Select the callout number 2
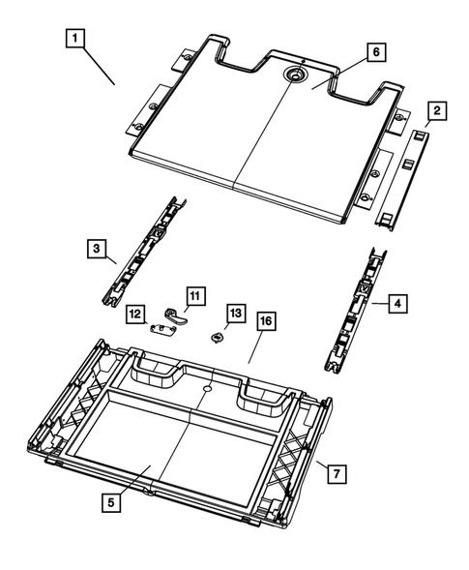[437, 112]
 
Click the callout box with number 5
[114, 503]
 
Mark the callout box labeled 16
[265, 318]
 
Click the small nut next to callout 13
[218, 337]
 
